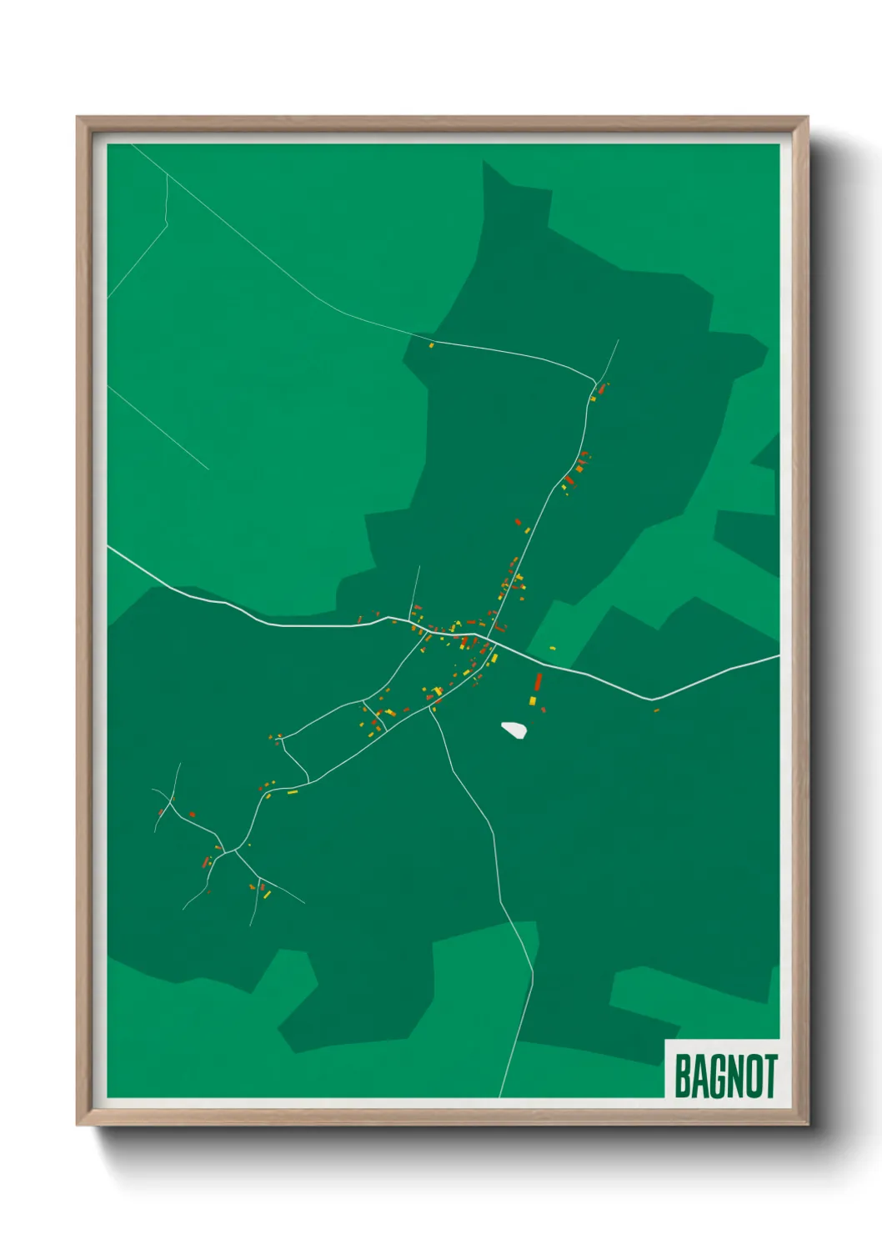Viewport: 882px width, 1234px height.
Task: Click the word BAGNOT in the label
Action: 725,1076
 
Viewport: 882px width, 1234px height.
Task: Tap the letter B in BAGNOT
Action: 682,1076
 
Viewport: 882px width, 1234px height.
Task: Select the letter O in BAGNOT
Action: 751,1076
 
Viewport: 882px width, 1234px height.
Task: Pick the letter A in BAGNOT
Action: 699,1076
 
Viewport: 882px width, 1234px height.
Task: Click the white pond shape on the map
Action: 514,730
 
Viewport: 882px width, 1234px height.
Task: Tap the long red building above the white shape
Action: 538,683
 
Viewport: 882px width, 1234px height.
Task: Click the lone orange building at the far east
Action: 656,710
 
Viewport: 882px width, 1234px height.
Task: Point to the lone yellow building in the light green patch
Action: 552,648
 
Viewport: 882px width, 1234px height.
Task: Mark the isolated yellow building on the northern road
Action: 431,345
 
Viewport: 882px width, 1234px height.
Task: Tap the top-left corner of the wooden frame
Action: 79,119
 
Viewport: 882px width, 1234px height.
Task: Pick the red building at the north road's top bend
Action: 601,389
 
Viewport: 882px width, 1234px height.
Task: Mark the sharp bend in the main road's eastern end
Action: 653,699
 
